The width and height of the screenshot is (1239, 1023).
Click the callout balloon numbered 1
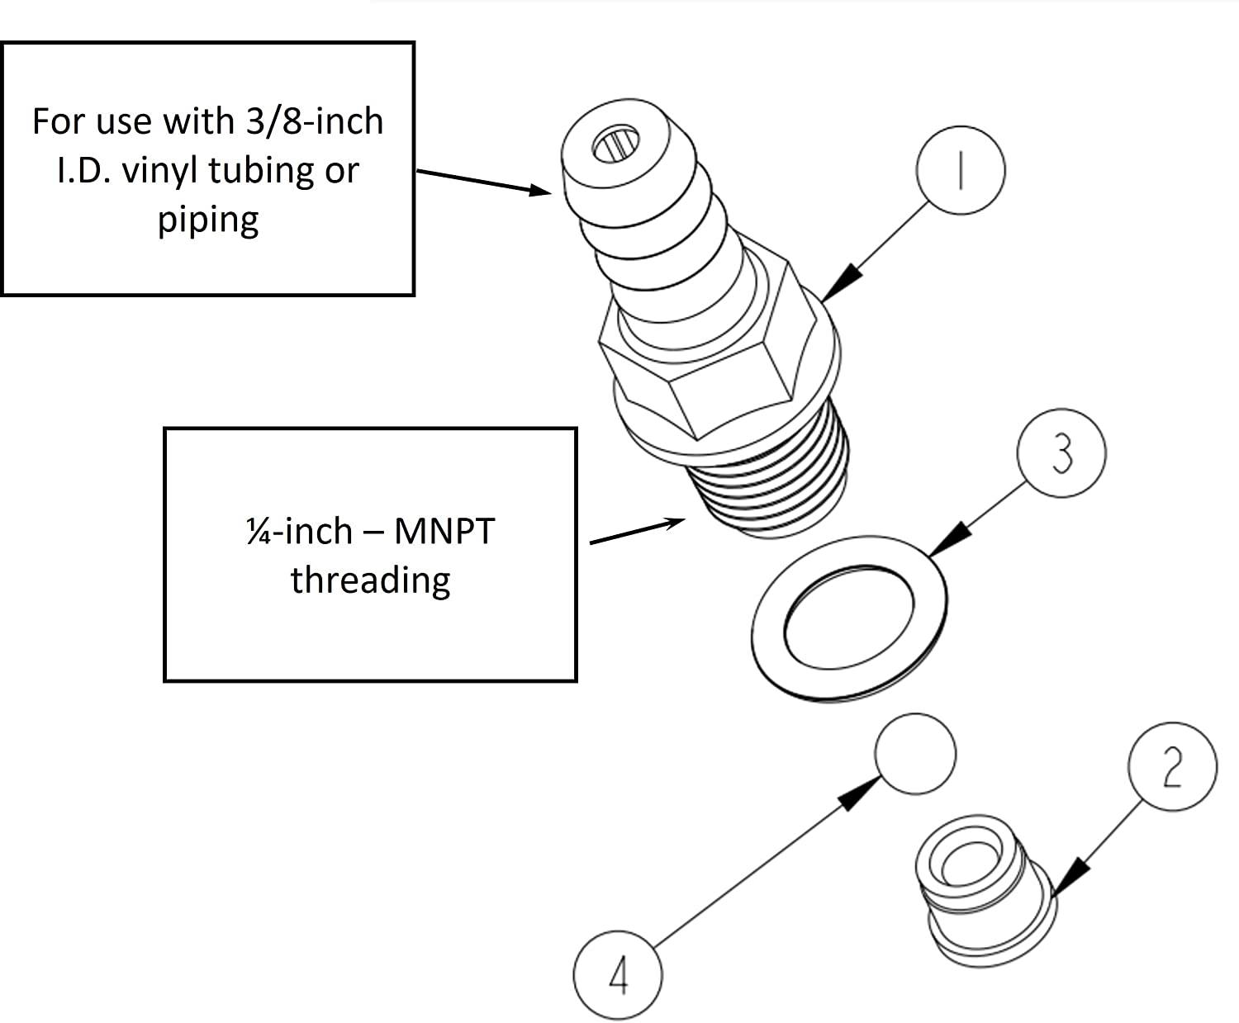(x=961, y=170)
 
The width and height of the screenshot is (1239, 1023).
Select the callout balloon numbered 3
(x=1061, y=452)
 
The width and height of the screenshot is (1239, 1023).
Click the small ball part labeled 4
(x=915, y=754)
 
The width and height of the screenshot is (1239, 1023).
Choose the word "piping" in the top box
(x=208, y=220)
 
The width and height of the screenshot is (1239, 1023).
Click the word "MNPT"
(x=444, y=530)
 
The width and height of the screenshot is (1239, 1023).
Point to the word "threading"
(x=370, y=580)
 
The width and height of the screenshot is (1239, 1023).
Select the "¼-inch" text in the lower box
(x=299, y=530)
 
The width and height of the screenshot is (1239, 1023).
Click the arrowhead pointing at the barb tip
(x=540, y=190)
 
